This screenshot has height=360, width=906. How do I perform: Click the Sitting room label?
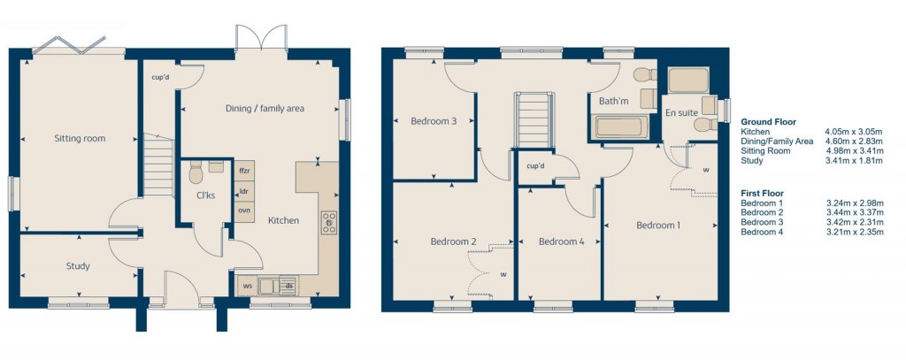tap(80, 139)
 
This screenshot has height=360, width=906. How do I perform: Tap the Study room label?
tap(78, 266)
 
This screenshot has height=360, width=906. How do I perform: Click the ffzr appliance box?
tap(244, 171)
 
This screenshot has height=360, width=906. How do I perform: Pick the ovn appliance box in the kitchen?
tap(244, 210)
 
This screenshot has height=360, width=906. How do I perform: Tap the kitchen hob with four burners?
tap(329, 222)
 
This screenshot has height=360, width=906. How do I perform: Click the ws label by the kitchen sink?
tap(248, 286)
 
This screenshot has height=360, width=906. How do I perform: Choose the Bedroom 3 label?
tap(434, 122)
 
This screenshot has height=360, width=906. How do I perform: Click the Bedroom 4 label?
tap(561, 241)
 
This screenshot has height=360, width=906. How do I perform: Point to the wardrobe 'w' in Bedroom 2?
tap(503, 274)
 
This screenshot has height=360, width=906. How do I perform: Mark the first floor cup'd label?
tap(535, 166)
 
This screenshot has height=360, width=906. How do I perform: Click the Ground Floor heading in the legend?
tap(768, 121)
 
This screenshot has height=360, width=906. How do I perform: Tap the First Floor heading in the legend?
tap(763, 193)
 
